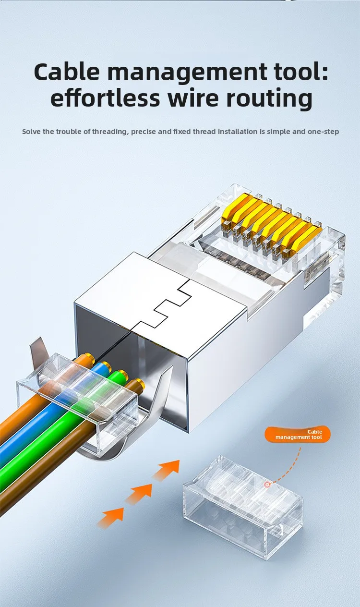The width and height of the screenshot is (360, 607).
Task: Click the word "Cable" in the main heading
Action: pyautogui.click(x=67, y=72)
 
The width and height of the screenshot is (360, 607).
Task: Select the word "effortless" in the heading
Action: pyautogui.click(x=105, y=97)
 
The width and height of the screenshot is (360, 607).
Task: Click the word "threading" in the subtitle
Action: pyautogui.click(x=109, y=132)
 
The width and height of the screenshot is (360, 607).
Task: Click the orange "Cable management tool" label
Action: pyautogui.click(x=298, y=435)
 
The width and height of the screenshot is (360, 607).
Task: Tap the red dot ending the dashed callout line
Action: pyautogui.click(x=267, y=484)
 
